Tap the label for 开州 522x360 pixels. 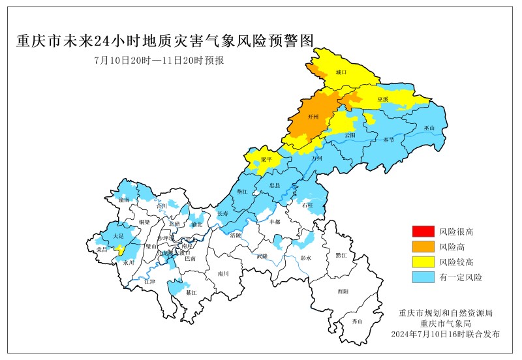pyautogui.click(x=313, y=117)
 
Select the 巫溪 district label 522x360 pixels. pyautogui.click(x=382, y=99)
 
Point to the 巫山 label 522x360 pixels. pyautogui.click(x=429, y=128)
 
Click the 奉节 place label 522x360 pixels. pyautogui.click(x=389, y=140)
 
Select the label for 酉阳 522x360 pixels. pyautogui.click(x=343, y=291)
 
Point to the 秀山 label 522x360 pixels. pyautogui.click(x=357, y=322)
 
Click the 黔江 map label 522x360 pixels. pyautogui.click(x=342, y=256)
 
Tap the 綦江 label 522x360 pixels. pyautogui.click(x=191, y=293)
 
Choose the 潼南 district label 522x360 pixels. pyautogui.click(x=124, y=198)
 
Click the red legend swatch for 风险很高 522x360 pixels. pyautogui.click(x=422, y=232)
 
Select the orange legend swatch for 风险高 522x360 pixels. pyautogui.click(x=422, y=247)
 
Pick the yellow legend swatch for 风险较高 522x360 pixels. pyautogui.click(x=422, y=262)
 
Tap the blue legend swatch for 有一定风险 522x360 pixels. pyautogui.click(x=422, y=278)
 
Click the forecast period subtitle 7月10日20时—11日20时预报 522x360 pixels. pyautogui.click(x=159, y=61)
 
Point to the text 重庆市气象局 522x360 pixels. pyautogui.click(x=445, y=323)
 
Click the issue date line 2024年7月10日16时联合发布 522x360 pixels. pyautogui.click(x=445, y=334)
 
